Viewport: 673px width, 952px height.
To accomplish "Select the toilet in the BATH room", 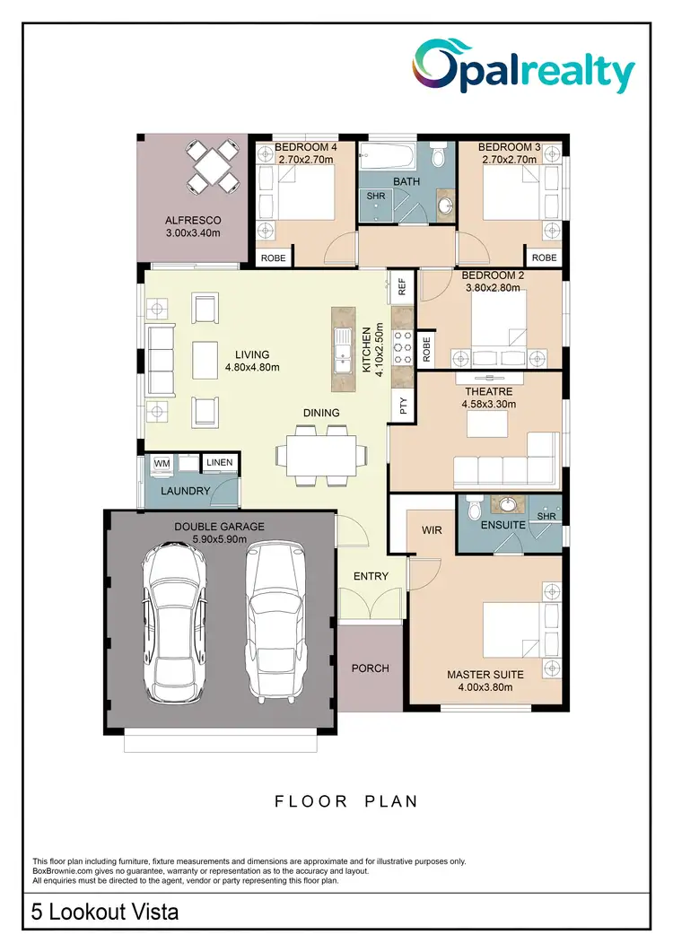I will pos(438,158).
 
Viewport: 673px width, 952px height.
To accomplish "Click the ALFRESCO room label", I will pos(192,221).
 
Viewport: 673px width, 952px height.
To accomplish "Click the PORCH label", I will pos(371,668).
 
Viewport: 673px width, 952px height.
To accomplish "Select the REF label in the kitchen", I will pos(402,286).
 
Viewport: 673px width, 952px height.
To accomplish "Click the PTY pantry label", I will pos(402,405).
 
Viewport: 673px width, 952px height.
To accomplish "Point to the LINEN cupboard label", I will pos(219,463).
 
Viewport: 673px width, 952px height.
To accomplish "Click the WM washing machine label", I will pos(162,463).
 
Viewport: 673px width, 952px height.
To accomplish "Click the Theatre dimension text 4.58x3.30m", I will pos(488,405).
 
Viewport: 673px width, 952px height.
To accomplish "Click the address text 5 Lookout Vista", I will pos(105,913).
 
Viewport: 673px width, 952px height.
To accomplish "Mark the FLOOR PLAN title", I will pos(345,801).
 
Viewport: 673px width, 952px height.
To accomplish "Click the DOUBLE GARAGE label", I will pos(220,527).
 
